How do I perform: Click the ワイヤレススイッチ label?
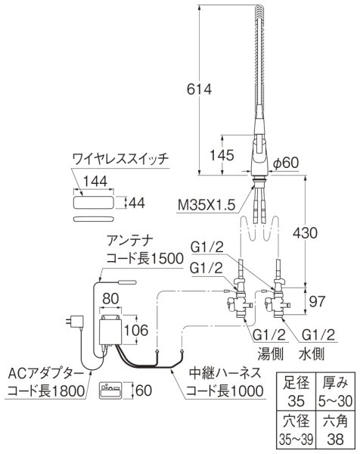tap(121, 159)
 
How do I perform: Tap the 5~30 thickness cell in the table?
tap(335, 398)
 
